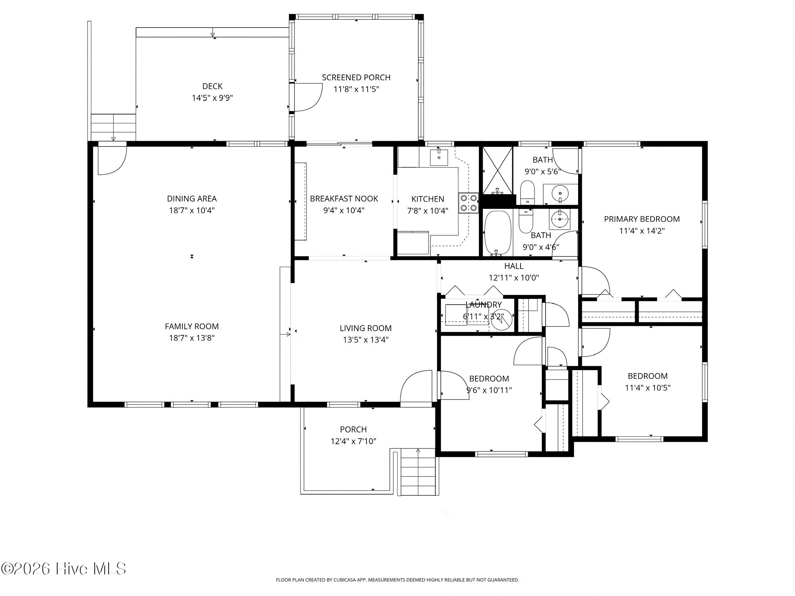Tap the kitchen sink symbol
point(439,157)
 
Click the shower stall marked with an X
point(497,171)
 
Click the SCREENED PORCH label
point(356,78)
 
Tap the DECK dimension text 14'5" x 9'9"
point(212,98)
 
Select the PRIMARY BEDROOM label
point(642,219)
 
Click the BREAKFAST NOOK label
point(344,199)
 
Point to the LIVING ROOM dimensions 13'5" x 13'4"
point(366,340)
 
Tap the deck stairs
point(113,127)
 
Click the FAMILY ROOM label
point(192,326)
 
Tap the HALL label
point(514,266)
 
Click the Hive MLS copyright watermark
point(64,569)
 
